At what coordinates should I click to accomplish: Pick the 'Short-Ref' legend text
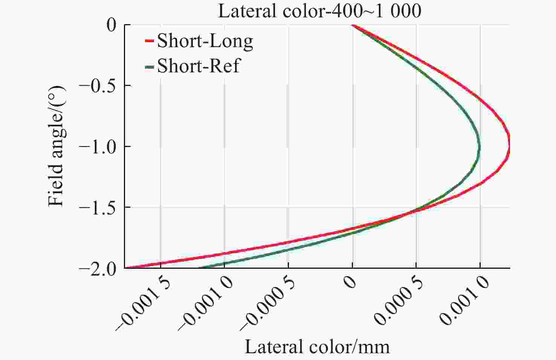coord(198,66)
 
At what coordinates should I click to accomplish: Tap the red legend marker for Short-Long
coord(150,41)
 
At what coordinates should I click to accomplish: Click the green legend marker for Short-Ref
coord(150,67)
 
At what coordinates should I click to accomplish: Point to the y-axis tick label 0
coord(112,25)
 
